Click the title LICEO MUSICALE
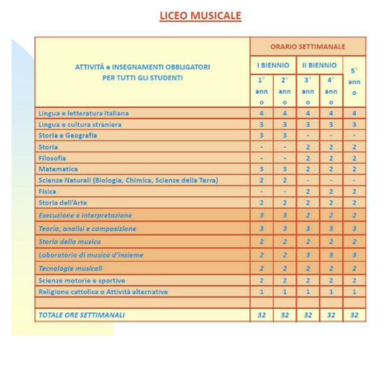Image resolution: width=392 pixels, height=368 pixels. (x=200, y=16)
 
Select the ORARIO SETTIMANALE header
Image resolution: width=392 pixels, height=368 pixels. (x=308, y=47)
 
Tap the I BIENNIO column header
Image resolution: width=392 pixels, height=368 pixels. (x=273, y=65)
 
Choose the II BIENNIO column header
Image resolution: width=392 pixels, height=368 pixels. (x=319, y=65)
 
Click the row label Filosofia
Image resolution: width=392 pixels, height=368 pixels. (x=52, y=158)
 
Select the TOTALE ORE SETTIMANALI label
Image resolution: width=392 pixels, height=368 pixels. (x=81, y=315)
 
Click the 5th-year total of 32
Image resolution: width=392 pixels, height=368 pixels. (x=354, y=315)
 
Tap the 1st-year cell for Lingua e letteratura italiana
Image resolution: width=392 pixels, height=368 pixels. (x=262, y=113)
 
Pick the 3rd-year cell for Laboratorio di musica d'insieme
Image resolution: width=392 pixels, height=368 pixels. (x=308, y=255)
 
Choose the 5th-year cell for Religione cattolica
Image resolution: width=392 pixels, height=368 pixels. (x=354, y=292)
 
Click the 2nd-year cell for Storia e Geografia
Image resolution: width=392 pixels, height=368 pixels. (x=285, y=136)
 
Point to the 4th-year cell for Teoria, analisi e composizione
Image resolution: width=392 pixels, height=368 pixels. (x=331, y=229)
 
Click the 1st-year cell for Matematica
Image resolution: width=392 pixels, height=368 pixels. (x=262, y=169)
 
